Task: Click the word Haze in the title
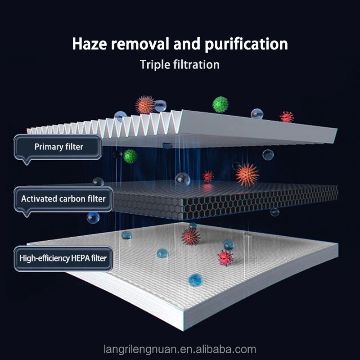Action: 89,44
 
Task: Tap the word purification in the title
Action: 246,45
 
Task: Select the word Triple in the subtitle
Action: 155,65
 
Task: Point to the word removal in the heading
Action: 140,44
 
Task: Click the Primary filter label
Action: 58,147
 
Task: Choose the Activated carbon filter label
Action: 63,199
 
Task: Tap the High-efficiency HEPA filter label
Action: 63,258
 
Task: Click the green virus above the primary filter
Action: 220,104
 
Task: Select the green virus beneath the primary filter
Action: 130,156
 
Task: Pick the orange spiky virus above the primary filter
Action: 144,105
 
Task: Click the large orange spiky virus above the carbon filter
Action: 247,175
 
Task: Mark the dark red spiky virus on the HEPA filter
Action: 190,237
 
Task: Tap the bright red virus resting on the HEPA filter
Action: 225,258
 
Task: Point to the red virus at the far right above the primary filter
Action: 287,117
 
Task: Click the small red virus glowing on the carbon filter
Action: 208,176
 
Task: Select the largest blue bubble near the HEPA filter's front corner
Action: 195,280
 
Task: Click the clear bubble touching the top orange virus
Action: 160,106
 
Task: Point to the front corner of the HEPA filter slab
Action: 183,331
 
